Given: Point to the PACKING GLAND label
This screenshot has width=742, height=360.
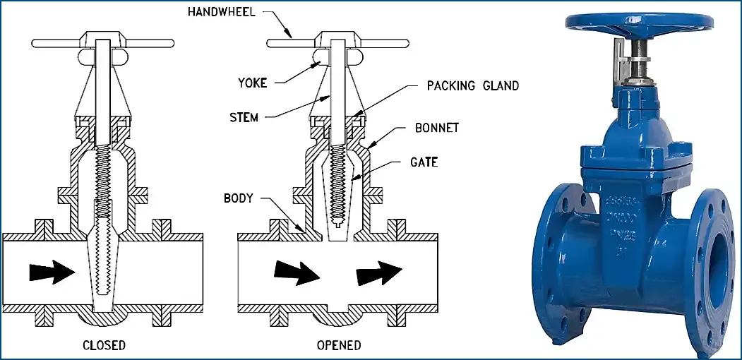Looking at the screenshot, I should click(x=472, y=86).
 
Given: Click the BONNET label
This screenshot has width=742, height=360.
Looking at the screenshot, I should click(x=437, y=128).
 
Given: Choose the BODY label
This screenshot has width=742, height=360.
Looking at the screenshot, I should click(x=238, y=198).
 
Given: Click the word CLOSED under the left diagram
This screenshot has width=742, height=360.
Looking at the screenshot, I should click(x=104, y=345).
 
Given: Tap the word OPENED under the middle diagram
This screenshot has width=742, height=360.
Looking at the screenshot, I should click(x=339, y=345).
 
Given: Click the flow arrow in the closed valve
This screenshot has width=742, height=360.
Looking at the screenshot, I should click(x=52, y=270).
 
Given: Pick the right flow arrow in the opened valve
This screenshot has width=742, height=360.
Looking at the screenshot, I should click(x=379, y=272).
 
